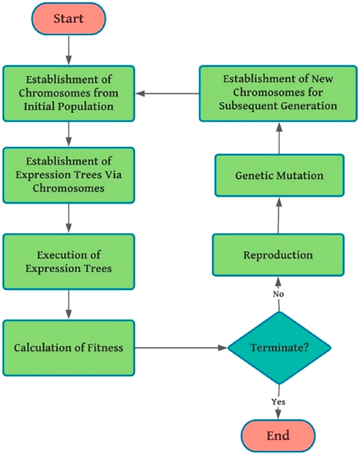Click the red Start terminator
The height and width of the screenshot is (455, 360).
[x=68, y=19]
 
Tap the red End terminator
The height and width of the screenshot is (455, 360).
[x=278, y=434]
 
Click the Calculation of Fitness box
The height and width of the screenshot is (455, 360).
[x=69, y=348]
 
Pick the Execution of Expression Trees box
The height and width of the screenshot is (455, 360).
[x=69, y=262]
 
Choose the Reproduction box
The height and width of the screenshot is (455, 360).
[x=278, y=255]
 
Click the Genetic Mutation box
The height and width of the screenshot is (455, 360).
[x=279, y=175]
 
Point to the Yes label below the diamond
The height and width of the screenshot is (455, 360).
[x=278, y=402]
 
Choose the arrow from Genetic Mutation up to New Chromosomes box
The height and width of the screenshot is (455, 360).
[x=279, y=138]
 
